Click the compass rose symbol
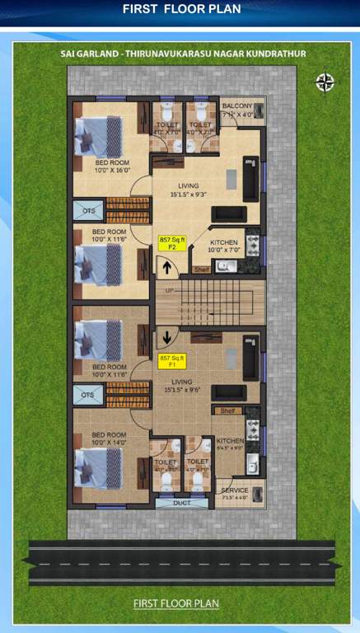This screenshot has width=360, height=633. (325, 81)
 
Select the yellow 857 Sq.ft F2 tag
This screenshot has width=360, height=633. (173, 242)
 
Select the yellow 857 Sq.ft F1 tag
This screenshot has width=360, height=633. (173, 361)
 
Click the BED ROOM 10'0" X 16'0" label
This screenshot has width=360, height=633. (112, 167)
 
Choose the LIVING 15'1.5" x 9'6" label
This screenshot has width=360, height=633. (189, 386)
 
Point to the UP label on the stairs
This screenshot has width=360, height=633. (170, 291)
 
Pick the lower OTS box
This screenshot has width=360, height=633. (88, 396)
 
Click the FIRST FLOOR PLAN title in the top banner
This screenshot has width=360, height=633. (181, 9)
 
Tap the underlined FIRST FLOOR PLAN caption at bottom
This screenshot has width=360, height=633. (176, 603)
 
